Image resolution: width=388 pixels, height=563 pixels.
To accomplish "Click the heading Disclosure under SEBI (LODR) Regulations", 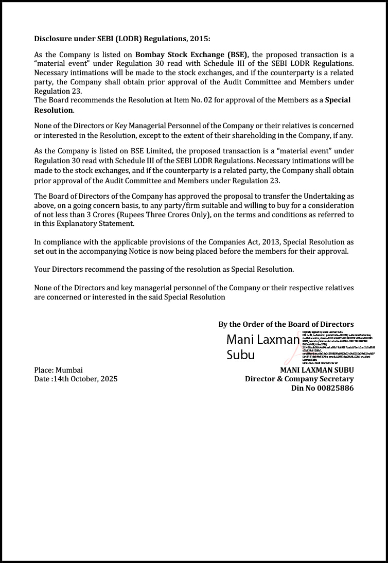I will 122,39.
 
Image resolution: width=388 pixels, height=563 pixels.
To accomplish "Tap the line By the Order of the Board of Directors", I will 286,324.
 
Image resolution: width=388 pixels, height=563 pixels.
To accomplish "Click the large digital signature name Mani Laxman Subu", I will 262,347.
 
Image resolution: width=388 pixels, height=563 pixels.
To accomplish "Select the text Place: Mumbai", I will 58,370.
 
